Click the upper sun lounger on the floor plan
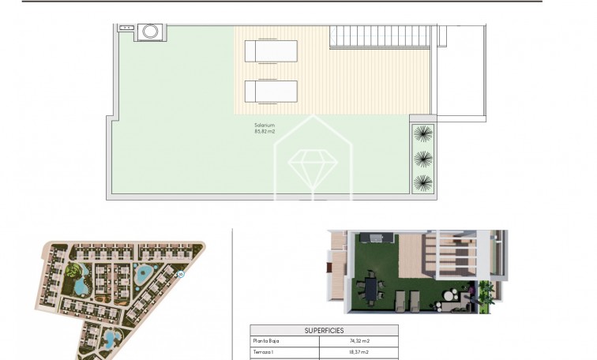271,51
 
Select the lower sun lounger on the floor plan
271,92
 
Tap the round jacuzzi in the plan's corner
150,32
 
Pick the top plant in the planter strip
423,133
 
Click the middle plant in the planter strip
423,158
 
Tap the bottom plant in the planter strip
423,182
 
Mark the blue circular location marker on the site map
181,274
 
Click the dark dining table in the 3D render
371,288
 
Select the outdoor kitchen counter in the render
371,239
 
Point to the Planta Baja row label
266,342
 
